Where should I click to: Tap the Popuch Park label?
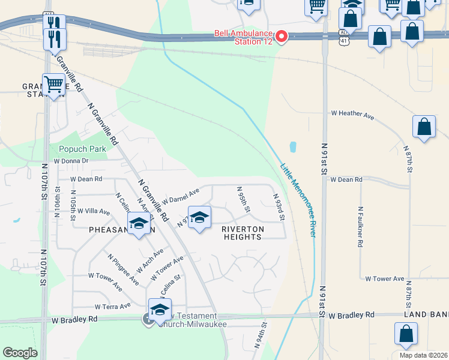coord(82,149)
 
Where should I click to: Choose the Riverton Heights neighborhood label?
coord(243,233)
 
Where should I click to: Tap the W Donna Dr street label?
coord(71,161)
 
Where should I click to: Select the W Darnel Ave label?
coord(180,196)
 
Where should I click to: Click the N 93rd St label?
coord(278,205)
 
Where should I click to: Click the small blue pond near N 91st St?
coord(292,146)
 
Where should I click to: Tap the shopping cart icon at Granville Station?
coord(53,85)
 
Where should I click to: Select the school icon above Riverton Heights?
coord(199,217)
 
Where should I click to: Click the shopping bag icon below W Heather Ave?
coord(424,127)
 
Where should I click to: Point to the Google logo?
coord(20,352)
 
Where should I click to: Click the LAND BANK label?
coord(426,315)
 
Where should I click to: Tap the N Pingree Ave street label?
coord(124,269)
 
